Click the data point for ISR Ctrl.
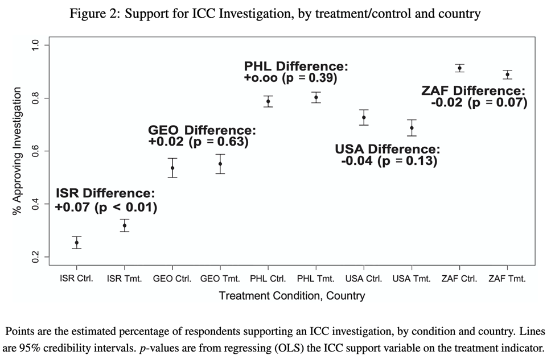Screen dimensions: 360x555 (x=77, y=243)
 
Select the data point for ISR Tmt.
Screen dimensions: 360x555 (x=125, y=226)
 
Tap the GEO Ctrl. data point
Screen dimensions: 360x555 (x=172, y=168)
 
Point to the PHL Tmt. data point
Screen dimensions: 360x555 (x=316, y=97)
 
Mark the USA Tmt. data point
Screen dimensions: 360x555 (x=412, y=128)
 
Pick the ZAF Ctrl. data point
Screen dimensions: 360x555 (x=459, y=68)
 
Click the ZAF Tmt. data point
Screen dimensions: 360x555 (x=507, y=75)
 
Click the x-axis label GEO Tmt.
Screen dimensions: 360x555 (x=220, y=279)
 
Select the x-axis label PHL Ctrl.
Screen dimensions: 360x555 (x=268, y=279)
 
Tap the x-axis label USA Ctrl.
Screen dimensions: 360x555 (x=364, y=279)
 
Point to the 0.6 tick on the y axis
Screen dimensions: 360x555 (x=34, y=151)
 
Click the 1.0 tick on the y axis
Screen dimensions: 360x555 (x=34, y=45)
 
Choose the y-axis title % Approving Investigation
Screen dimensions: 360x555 (x=17, y=151)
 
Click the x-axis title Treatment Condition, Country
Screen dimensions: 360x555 (x=292, y=296)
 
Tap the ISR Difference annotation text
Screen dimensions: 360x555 (x=105, y=193)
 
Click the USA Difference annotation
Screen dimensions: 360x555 (x=387, y=149)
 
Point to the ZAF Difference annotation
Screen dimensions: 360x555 (x=474, y=91)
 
